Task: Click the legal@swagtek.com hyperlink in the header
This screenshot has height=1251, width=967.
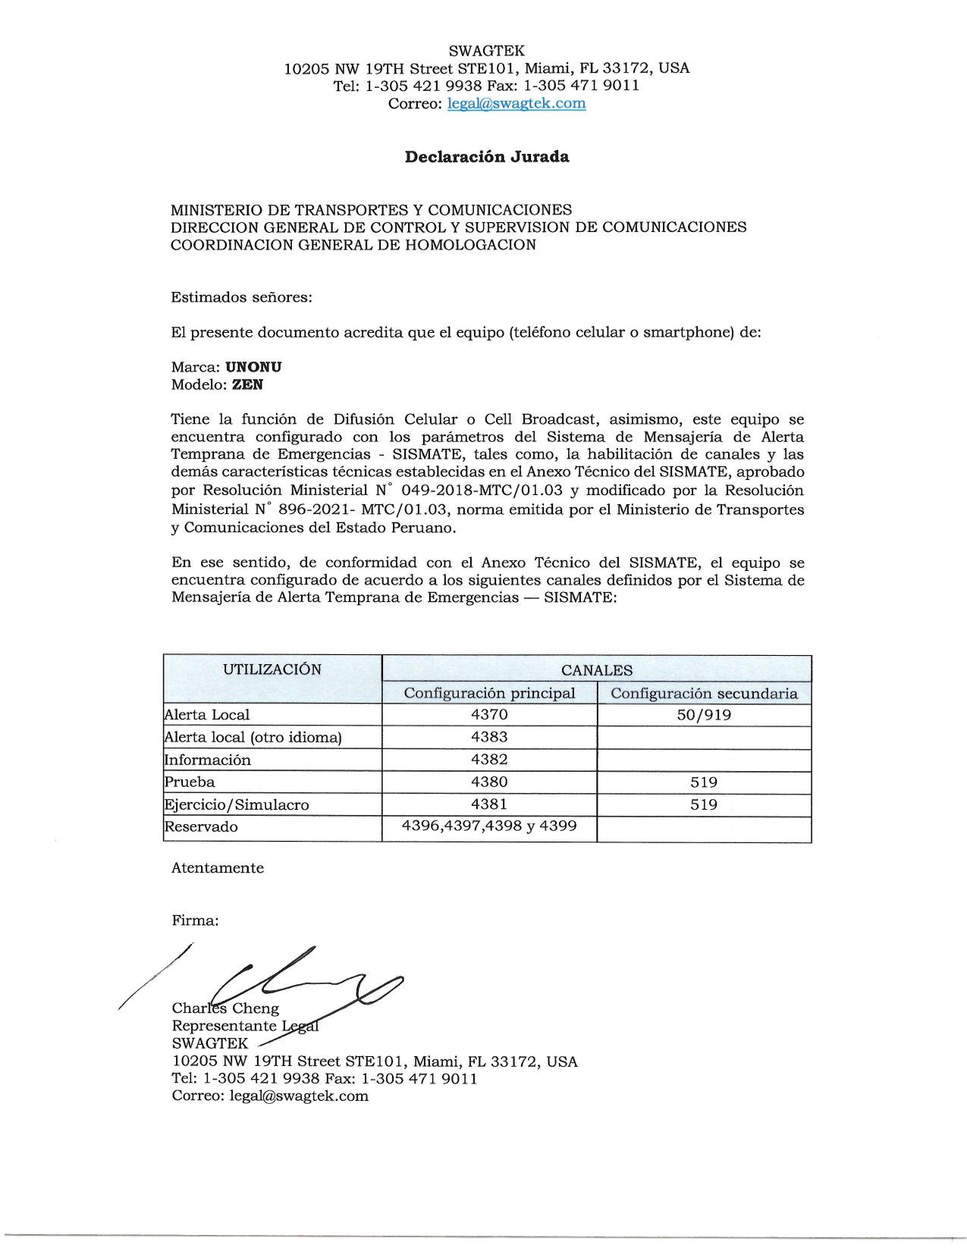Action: tap(516, 104)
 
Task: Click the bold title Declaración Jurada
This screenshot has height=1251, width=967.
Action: tap(487, 157)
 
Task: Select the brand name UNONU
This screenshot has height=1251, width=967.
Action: tap(253, 367)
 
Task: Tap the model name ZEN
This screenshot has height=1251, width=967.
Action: tap(247, 384)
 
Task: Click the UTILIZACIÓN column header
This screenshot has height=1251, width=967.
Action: tap(272, 669)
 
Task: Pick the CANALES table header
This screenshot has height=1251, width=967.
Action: tap(596, 670)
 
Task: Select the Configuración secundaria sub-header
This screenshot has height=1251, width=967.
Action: tap(704, 694)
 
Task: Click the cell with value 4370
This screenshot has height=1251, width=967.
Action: tap(489, 714)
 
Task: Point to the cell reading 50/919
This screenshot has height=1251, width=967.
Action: tap(704, 714)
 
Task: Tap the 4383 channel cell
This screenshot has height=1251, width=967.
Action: tap(489, 737)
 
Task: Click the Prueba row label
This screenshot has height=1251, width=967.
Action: tap(190, 782)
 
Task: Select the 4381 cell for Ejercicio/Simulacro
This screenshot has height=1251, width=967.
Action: tap(489, 804)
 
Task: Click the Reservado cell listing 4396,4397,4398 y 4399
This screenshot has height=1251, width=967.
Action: tap(489, 826)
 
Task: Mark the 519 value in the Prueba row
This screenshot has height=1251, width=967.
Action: tap(704, 782)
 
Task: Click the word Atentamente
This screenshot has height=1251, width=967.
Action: tap(218, 868)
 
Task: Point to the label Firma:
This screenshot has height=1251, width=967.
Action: tap(195, 920)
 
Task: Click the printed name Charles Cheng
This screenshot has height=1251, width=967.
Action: tap(225, 1008)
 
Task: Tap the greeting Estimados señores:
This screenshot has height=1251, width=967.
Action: tap(241, 297)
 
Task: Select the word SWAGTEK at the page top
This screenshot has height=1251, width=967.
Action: tap(486, 51)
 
